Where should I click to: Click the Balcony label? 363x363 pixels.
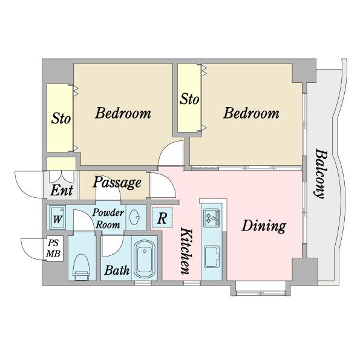(321, 174)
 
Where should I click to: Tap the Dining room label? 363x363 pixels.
(264, 226)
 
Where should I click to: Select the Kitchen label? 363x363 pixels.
(186, 251)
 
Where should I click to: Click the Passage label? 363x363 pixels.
(117, 183)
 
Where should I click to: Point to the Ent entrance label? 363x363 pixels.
(62, 191)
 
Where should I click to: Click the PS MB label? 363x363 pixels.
(53, 249)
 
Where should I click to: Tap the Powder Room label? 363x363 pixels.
(108, 218)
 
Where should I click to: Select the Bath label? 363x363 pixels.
(117, 270)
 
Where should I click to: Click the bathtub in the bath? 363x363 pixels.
(145, 260)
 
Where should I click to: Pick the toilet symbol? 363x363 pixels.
(82, 267)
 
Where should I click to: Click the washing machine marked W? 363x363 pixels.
(57, 218)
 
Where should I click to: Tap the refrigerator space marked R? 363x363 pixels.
(162, 218)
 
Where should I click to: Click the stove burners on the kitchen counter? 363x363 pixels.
(212, 218)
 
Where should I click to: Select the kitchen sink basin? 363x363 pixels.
(212, 257)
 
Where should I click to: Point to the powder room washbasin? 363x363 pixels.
(135, 217)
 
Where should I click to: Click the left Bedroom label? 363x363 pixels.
(123, 113)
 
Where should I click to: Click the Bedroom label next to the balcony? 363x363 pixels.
(251, 113)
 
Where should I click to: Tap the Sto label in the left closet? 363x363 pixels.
(61, 119)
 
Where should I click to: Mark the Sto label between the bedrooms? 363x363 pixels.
(189, 99)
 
